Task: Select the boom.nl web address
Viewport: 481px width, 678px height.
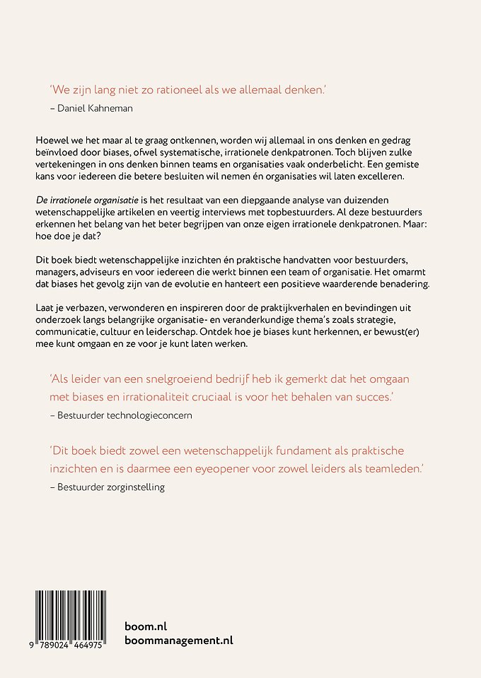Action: tap(146, 626)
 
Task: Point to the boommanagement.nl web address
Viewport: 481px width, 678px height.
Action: tap(178, 641)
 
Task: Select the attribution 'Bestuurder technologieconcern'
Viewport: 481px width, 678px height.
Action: tap(126, 415)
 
